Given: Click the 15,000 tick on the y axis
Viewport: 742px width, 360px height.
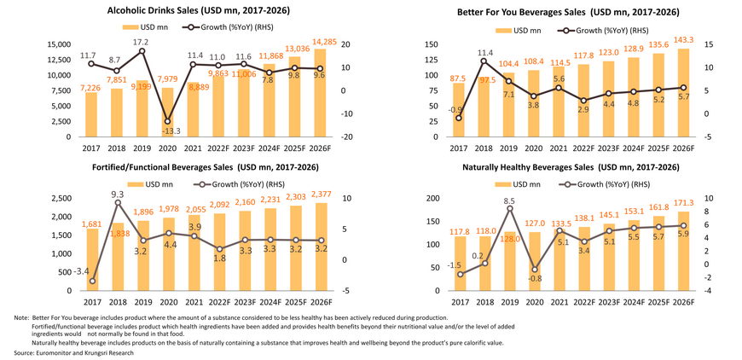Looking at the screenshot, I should click(58, 44).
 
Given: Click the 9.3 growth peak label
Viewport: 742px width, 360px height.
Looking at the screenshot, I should click(117, 194).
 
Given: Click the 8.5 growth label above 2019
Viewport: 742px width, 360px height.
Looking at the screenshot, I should click(509, 202).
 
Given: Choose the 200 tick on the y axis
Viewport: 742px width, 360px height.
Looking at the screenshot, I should click(434, 198).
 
